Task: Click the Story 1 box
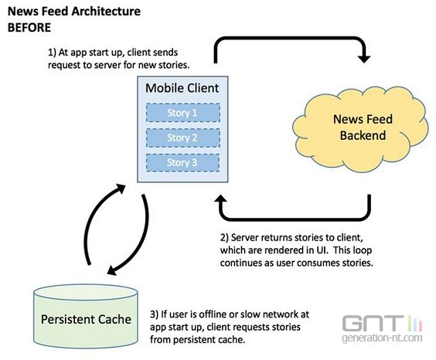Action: coord(183,113)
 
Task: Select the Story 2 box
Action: coord(183,138)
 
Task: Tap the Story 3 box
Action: coord(182,162)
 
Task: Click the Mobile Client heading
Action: coord(182,88)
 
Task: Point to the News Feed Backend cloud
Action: coord(360,129)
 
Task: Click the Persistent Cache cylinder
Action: coord(86,316)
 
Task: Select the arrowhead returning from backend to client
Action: coord(221,199)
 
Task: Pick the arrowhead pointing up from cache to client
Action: coord(121,188)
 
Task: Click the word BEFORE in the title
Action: coord(29,28)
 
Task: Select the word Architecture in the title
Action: coord(106,12)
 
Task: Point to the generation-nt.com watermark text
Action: coord(382,338)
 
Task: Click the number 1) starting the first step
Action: coord(52,53)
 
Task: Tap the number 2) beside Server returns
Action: coord(224,237)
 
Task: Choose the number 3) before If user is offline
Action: coord(154,314)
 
